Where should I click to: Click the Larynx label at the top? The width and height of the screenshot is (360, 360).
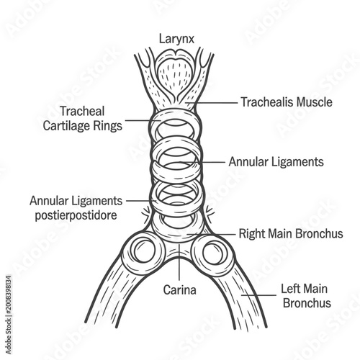pos(176,39)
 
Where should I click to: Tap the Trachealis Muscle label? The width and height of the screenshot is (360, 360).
pos(287,102)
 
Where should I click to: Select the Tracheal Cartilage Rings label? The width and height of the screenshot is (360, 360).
pos(82,118)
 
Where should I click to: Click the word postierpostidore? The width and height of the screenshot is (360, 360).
pos(76,215)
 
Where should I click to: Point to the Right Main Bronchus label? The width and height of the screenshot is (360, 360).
pos(291,233)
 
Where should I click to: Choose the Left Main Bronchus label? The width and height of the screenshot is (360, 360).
pos(305,296)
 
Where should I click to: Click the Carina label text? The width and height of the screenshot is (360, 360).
pos(180,289)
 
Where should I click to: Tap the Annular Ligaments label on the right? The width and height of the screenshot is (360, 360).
pos(276,162)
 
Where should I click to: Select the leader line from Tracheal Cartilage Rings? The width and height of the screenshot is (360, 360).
pos(143,120)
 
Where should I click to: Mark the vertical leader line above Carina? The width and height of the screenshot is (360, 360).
pos(179,262)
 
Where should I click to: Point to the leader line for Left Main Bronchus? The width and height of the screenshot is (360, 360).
pos(258,295)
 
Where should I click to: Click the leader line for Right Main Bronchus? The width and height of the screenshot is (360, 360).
pos(212,234)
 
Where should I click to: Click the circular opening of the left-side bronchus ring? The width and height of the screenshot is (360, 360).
pos(145,251)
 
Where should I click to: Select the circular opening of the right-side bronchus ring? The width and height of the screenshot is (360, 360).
pos(213,253)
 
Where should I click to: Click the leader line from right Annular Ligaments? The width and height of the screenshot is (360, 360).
pos(202,162)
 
